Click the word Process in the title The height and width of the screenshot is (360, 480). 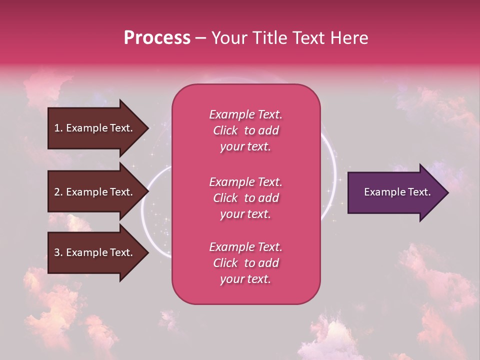(157, 38)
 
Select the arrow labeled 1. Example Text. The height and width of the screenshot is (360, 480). (95, 128)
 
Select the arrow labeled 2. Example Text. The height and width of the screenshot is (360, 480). (95, 192)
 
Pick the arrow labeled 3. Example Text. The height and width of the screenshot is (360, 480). (95, 252)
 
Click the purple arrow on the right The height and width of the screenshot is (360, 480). (395, 192)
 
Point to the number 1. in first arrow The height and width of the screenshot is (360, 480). (58, 128)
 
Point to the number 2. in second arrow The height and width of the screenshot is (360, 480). (58, 192)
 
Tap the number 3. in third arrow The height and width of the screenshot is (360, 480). (58, 252)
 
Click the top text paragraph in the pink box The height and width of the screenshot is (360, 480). (245, 130)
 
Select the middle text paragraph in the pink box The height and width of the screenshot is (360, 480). (245, 198)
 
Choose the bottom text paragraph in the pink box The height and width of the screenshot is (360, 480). (245, 263)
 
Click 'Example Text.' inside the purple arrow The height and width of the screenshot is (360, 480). (397, 192)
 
